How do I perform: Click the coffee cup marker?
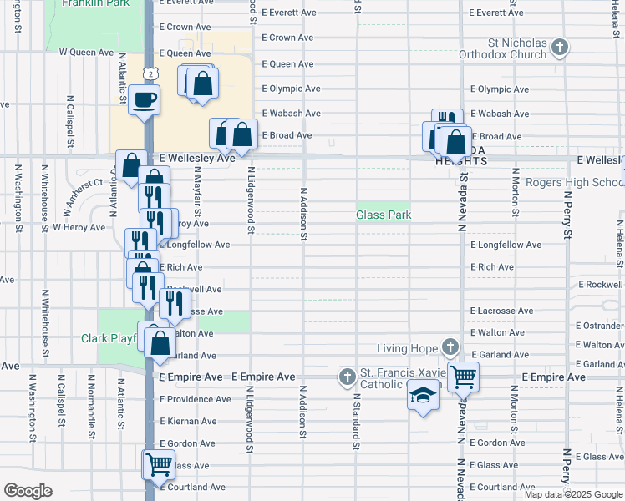(145, 101)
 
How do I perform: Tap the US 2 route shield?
(150, 74)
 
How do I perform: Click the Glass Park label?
(384, 215)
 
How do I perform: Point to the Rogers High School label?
(566, 183)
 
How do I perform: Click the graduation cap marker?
(424, 396)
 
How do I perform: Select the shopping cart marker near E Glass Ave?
(159, 465)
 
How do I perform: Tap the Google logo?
(27, 491)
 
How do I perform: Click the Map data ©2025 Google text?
(574, 494)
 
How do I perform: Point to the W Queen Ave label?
(85, 53)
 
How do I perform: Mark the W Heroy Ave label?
(79, 226)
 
